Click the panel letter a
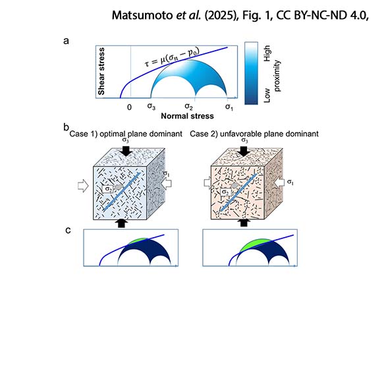click(66, 41)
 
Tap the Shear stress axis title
click(101, 71)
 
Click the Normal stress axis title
click(187, 116)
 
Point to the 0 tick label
click(129, 107)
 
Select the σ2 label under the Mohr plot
click(188, 107)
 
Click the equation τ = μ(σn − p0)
click(172, 57)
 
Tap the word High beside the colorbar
click(267, 53)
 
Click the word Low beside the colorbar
click(267, 95)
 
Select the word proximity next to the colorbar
click(277, 76)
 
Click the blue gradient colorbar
click(251, 73)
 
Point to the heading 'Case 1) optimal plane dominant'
click(126, 134)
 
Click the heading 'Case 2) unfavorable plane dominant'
click(254, 134)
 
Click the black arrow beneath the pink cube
click(244, 223)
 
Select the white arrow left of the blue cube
click(84, 186)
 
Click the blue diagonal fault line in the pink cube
click(238, 192)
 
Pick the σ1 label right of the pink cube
click(290, 182)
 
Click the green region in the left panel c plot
click(138, 241)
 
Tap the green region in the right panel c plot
click(255, 244)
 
